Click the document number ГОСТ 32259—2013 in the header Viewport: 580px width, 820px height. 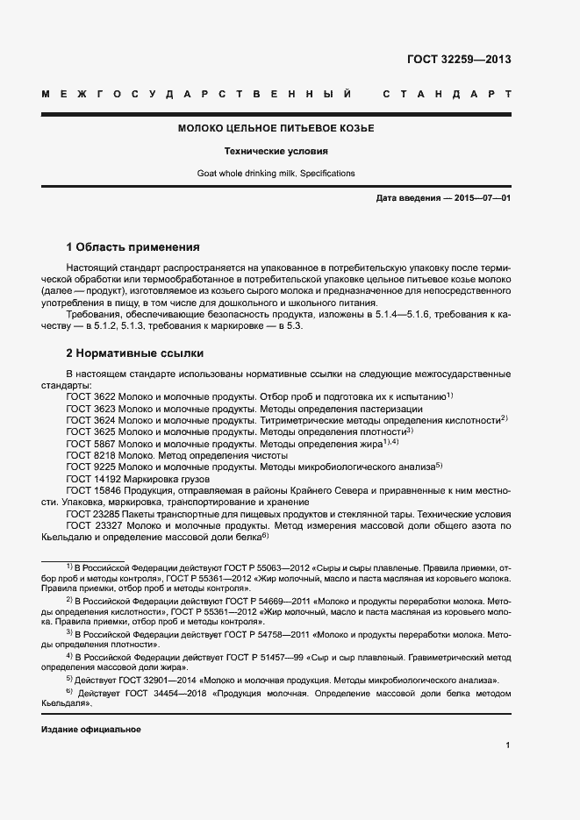coord(459,60)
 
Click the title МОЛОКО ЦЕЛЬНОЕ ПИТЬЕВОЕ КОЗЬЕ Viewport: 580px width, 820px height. coord(276,129)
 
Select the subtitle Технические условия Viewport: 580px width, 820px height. coord(276,151)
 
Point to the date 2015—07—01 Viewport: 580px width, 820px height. coord(483,199)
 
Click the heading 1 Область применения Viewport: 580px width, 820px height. coord(133,247)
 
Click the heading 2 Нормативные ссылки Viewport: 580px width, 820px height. coord(135,353)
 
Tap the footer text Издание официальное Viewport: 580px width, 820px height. coord(91,730)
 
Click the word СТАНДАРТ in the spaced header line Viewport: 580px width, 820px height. coord(447,93)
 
